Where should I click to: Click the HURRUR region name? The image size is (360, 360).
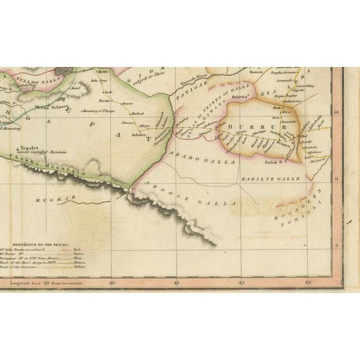coord(255,128)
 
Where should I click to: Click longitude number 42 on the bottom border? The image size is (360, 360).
coord(241,283)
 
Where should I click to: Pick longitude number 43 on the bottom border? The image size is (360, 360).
coord(307,283)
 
